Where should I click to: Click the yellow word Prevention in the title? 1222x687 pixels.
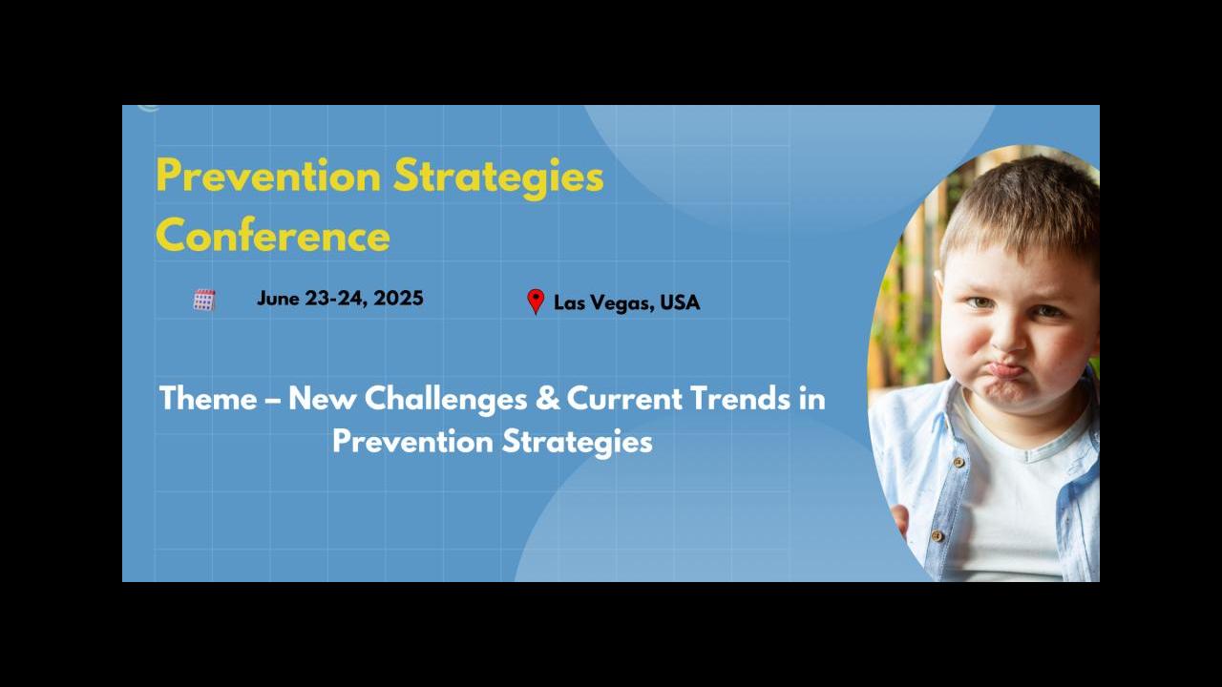[x=268, y=176]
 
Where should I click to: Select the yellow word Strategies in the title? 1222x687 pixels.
[x=498, y=178]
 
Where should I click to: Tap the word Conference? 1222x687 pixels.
[x=273, y=236]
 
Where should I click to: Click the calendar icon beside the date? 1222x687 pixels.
[x=204, y=300]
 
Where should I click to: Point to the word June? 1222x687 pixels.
[x=278, y=299]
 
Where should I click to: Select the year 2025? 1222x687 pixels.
[x=398, y=298]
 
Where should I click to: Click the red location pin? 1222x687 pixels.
[x=536, y=302]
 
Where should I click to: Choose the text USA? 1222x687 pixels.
[x=680, y=302]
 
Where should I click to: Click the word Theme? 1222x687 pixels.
[x=208, y=398]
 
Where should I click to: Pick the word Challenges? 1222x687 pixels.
[x=446, y=399]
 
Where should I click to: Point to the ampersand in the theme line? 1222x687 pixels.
[x=547, y=398]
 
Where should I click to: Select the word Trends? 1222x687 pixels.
[x=740, y=398]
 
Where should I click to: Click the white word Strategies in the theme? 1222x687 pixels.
[x=578, y=442]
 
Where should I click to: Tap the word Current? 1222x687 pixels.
[x=624, y=399]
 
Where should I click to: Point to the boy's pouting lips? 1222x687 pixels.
[x=1006, y=372]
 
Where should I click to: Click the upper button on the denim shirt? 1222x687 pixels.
[x=959, y=463]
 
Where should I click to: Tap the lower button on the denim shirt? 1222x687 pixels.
[x=938, y=536]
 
